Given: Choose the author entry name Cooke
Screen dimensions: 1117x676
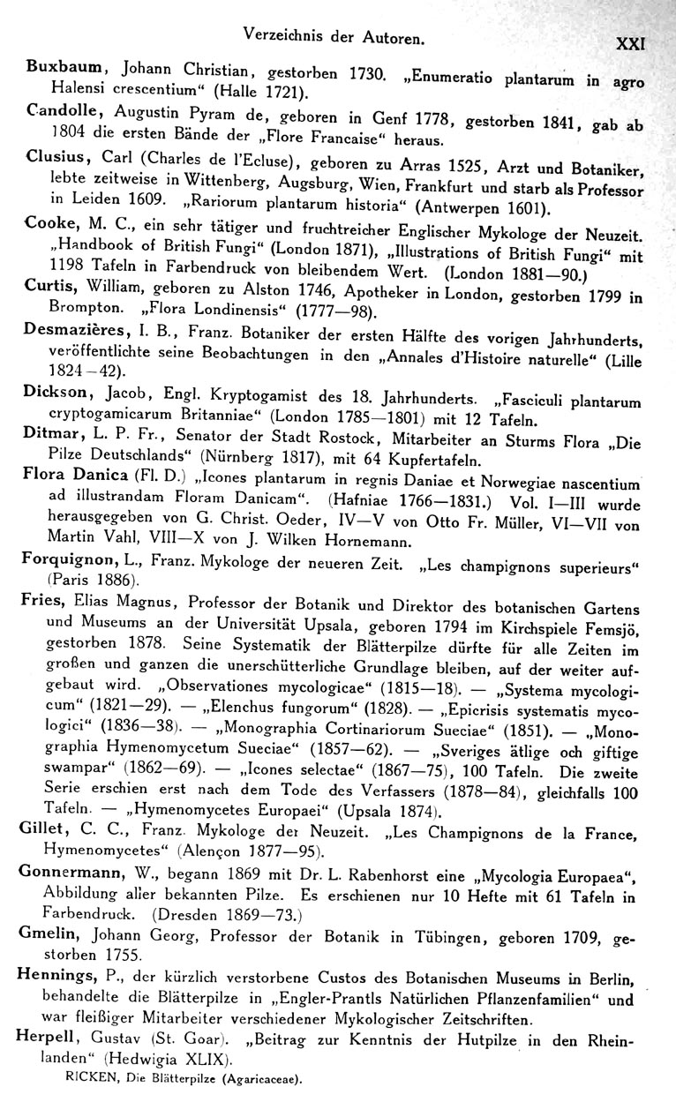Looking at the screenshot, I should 49,225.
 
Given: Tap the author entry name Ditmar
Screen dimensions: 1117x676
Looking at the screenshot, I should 49,434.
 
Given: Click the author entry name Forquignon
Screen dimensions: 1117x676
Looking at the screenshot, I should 64,559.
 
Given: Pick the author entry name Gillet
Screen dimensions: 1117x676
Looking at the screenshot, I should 41,832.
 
